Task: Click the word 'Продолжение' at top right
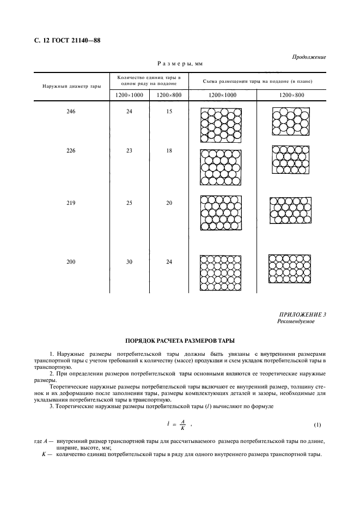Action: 309,57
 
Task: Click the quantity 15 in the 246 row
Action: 169,112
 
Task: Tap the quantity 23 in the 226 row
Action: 129,150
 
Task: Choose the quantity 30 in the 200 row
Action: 129,262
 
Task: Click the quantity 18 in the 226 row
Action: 169,150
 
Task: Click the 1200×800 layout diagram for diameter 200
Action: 290,269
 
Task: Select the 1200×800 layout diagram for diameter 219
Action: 290,210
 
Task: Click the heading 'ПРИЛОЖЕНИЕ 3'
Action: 302,315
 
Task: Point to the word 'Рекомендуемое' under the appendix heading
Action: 296,321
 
